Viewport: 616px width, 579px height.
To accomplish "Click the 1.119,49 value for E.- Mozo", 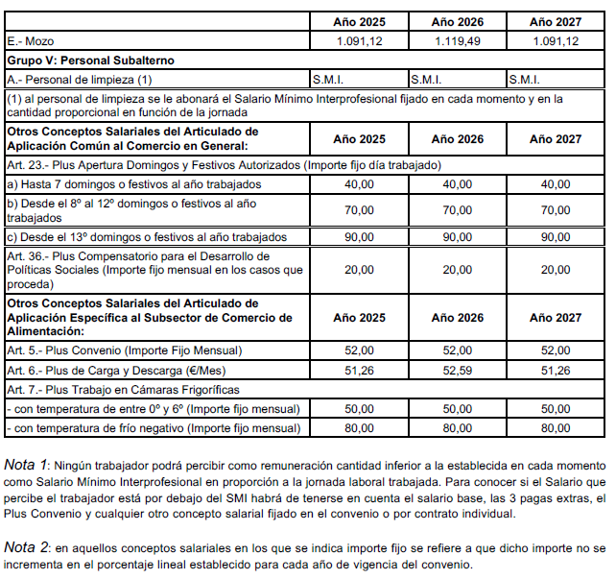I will point(458,41).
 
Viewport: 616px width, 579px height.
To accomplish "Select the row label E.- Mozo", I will point(33,41).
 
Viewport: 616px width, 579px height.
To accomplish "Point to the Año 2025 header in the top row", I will point(359,21).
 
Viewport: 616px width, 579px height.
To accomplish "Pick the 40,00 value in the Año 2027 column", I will point(556,184).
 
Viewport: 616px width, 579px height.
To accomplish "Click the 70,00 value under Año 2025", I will point(359,210).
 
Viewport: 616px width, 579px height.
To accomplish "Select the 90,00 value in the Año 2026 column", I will point(458,236).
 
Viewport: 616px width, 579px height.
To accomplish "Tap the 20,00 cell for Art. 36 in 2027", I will point(556,270).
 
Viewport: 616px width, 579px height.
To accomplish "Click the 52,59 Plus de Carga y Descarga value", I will point(458,370).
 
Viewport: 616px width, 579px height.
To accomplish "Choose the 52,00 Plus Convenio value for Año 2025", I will point(359,350).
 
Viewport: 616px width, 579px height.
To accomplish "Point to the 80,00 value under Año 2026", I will point(458,427).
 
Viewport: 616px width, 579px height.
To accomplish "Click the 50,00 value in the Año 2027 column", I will point(556,408).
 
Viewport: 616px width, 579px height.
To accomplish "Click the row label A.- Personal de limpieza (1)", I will point(79,79).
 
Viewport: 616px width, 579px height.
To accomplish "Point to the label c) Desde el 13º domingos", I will point(133,236).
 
